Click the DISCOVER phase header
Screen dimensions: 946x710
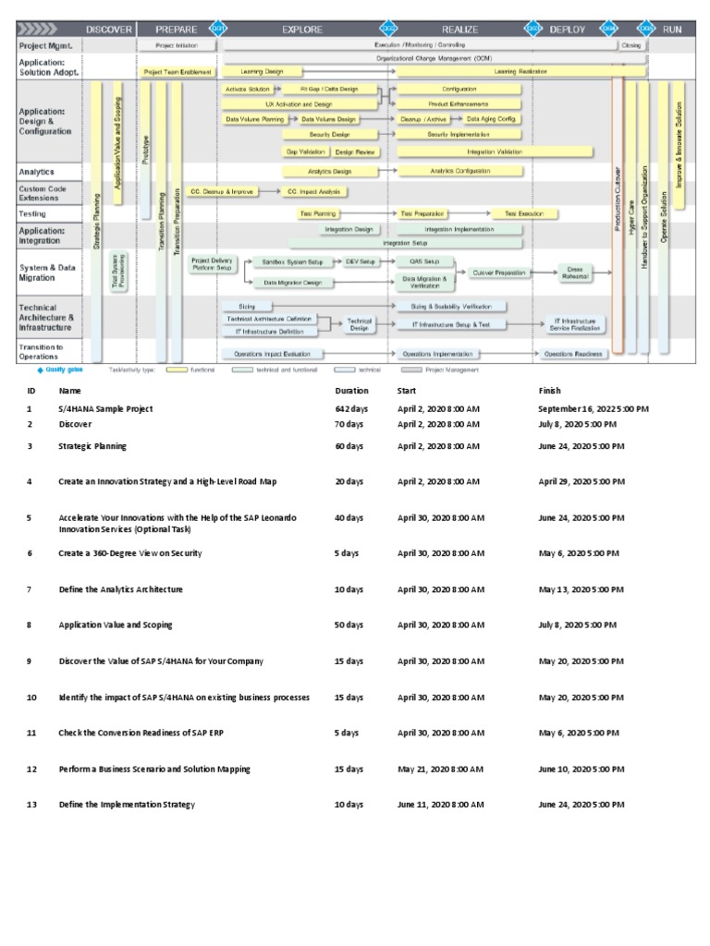coord(109,29)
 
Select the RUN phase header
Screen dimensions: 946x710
coord(671,29)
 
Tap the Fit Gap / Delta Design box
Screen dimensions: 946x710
coord(328,89)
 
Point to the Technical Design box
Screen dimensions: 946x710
coord(359,324)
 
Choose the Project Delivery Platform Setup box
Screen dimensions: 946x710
coord(213,263)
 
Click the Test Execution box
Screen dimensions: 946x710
coord(524,213)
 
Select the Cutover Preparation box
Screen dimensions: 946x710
coord(498,273)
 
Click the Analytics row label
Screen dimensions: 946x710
coord(37,172)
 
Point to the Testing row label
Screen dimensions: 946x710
coord(32,213)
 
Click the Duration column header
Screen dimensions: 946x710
coord(351,391)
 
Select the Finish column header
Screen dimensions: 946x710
coord(549,391)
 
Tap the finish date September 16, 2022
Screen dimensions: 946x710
coord(593,408)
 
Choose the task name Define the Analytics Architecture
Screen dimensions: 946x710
coord(120,588)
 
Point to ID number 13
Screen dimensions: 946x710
coord(31,805)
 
